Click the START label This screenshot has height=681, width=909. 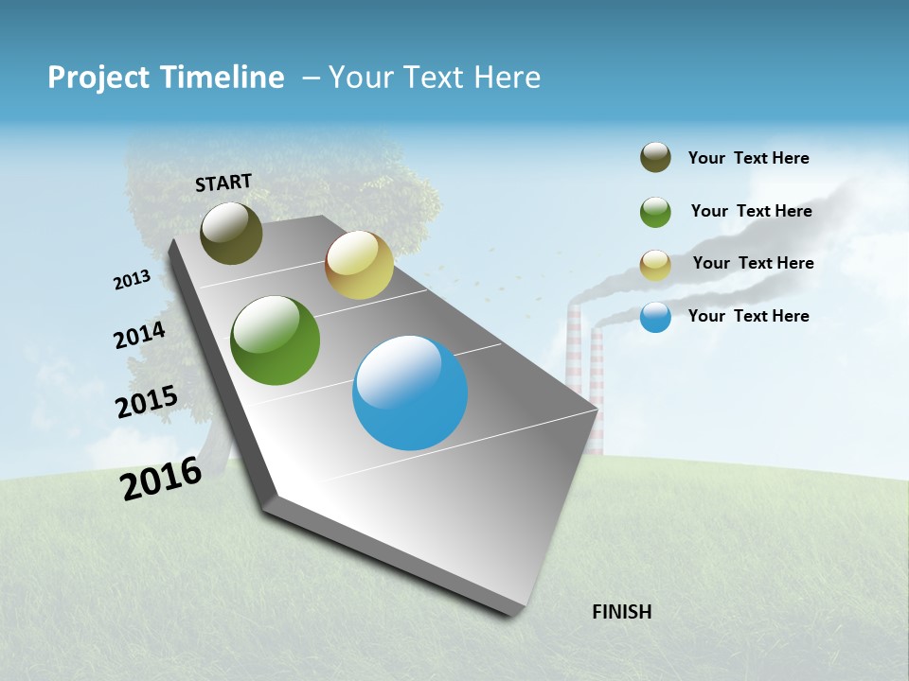(x=223, y=182)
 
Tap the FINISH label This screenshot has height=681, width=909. (x=621, y=612)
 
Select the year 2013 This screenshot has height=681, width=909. (x=132, y=280)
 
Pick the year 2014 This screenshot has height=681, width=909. (x=139, y=336)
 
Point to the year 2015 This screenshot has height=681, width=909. (x=146, y=402)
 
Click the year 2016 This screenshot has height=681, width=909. (x=161, y=478)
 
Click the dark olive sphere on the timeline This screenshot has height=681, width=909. (x=231, y=233)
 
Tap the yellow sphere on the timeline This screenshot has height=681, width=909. (x=359, y=265)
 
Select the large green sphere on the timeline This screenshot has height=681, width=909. (x=276, y=340)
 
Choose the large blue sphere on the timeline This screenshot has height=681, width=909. (x=410, y=393)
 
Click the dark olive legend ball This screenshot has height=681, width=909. (x=655, y=157)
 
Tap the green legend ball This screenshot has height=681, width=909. (x=655, y=212)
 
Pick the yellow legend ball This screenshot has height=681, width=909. (x=655, y=265)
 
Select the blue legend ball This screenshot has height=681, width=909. (x=655, y=317)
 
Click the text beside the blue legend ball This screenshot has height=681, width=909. (x=748, y=316)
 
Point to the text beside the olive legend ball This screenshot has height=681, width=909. (x=748, y=158)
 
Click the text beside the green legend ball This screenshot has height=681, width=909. (x=751, y=211)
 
